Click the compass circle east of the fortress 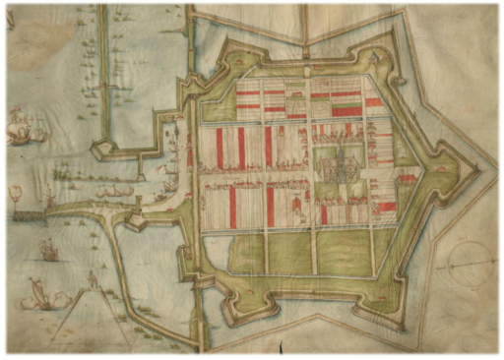pos(463,264)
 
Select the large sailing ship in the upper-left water pos(20,129)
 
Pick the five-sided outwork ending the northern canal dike pos(102,150)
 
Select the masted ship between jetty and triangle pos(47,252)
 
